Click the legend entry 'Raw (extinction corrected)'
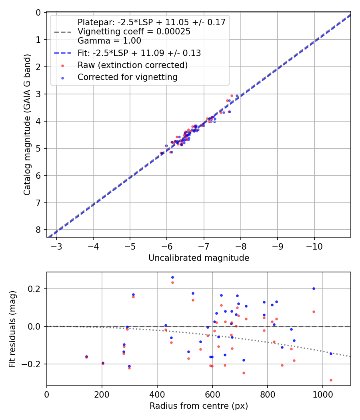click(132, 65)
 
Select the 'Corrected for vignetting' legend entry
click(128, 77)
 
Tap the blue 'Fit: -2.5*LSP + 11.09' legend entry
click(139, 53)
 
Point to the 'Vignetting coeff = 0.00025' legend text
click(134, 32)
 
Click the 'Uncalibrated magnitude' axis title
click(199, 258)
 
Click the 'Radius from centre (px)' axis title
click(199, 406)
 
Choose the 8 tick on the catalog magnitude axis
click(38, 230)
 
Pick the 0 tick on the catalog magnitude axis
click(38, 12)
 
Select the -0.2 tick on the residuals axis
click(32, 364)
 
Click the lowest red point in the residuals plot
click(331, 380)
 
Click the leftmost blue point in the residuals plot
click(86, 356)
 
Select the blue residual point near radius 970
click(314, 288)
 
